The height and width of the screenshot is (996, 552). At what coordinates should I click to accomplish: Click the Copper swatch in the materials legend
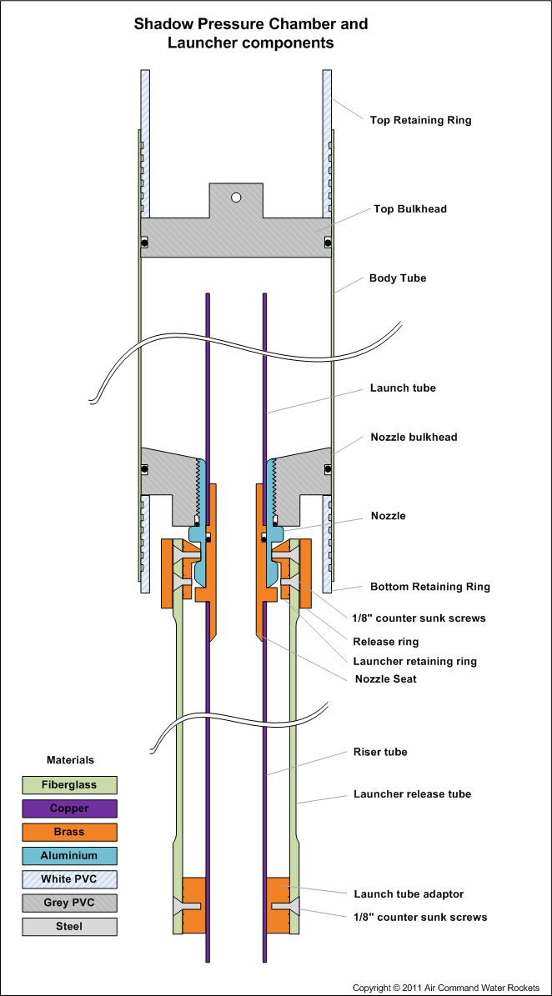tap(69, 808)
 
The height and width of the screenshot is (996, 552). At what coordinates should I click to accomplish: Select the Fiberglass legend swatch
tap(69, 785)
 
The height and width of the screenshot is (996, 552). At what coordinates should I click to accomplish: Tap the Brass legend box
tap(69, 832)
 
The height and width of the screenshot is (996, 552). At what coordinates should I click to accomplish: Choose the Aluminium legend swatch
tap(69, 855)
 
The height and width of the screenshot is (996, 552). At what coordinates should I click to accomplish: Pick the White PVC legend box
tap(69, 879)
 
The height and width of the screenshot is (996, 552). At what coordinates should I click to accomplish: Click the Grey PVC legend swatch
tap(69, 903)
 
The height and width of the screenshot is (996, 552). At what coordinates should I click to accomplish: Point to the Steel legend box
tap(69, 926)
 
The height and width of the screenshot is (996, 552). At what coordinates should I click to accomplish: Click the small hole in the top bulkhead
tap(236, 198)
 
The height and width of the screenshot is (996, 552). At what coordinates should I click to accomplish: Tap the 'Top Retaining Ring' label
tap(420, 120)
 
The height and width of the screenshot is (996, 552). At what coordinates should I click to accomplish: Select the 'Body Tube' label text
tap(398, 278)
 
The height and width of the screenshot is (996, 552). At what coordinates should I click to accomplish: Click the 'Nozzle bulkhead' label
tap(414, 437)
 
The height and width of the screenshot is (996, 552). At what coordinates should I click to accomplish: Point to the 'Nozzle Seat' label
tap(385, 678)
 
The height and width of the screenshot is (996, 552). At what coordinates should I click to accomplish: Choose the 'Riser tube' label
tap(380, 752)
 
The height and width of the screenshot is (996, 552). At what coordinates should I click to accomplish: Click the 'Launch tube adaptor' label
tap(409, 894)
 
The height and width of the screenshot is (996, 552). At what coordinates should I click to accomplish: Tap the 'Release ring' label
tap(386, 642)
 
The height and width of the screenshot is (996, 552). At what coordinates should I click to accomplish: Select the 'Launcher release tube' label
tap(412, 794)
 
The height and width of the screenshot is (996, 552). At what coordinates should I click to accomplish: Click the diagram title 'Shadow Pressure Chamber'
tap(251, 24)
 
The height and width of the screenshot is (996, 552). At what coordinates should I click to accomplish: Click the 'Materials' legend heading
tap(70, 760)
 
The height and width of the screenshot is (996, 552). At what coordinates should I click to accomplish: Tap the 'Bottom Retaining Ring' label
tap(429, 587)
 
